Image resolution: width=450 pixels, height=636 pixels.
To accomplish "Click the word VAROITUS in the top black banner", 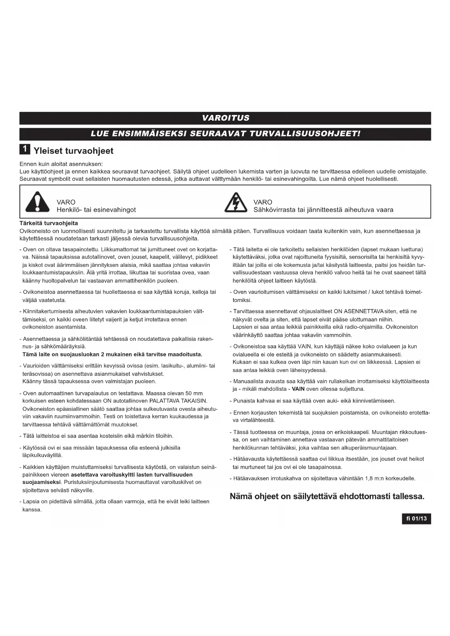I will coord(225,118).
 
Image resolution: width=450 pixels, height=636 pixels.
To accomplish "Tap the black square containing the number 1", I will coord(25,149).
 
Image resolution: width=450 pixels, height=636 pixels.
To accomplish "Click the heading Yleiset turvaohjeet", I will coord(73,151).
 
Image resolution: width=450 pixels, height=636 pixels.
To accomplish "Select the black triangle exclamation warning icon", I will coord(37,202).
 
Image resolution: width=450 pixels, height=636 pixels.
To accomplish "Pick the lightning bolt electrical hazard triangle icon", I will coord(236,202).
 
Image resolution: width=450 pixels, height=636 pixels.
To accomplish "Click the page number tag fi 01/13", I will coord(416,519).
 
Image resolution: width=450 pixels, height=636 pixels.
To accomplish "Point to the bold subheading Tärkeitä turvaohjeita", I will coord(49,223).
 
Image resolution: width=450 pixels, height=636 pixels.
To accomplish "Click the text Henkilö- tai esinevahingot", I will coord(96,210).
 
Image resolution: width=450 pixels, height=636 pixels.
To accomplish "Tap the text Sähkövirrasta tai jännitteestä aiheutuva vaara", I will coord(323,210).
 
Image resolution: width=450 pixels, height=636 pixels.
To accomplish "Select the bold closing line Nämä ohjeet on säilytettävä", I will coord(327,496).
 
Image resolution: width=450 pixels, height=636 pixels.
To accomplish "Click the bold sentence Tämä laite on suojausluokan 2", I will coord(112,354).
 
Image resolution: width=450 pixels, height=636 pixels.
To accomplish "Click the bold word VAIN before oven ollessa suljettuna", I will coord(298,389).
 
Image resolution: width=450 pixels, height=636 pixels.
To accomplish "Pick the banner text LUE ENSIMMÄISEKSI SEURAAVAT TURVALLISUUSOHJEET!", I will coord(225,133).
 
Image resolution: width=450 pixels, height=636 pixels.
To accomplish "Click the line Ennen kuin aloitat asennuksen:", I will coord(61,164).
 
